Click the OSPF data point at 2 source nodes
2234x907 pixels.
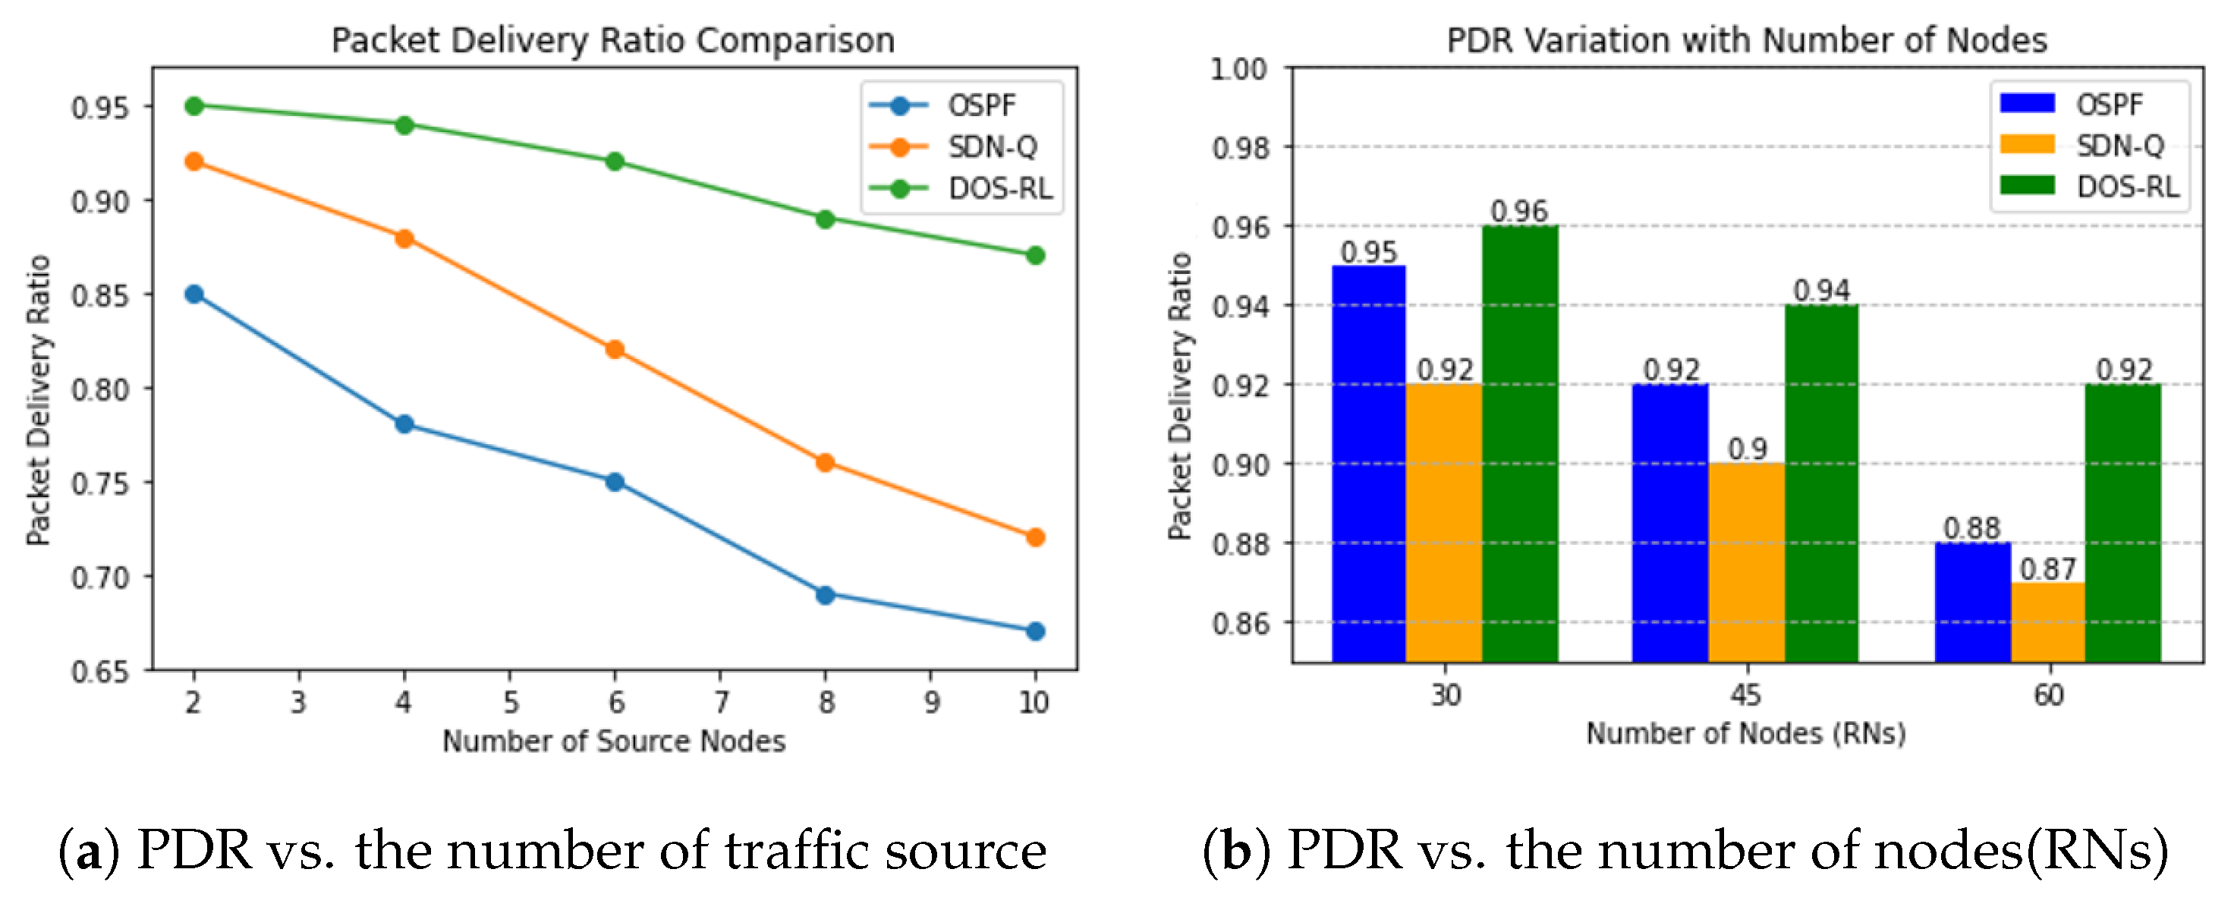[x=194, y=294]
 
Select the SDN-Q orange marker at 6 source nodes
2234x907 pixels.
[x=615, y=349]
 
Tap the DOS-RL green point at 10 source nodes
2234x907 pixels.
[x=1034, y=256]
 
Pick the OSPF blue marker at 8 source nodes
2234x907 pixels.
[x=826, y=595]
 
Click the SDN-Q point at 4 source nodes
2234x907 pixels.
[x=404, y=238]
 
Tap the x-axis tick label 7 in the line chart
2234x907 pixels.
[x=722, y=701]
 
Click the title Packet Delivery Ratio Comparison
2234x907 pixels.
[x=613, y=40]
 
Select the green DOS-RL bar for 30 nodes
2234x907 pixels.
[x=1519, y=442]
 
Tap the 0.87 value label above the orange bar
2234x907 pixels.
[x=2047, y=568]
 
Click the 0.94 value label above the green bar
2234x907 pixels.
[x=1821, y=291]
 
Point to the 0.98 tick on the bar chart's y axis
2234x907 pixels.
[x=1239, y=148]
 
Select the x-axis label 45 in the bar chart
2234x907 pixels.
[x=1746, y=694]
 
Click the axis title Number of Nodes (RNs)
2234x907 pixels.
[x=1746, y=734]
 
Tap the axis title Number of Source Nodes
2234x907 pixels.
[x=613, y=742]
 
